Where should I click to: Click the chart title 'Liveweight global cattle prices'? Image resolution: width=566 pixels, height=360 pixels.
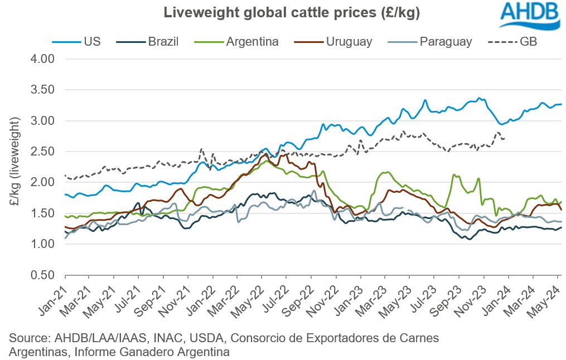[x=283, y=12]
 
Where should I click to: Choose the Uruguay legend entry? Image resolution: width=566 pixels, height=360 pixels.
[x=334, y=41]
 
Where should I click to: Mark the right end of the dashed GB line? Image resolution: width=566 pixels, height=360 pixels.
[x=505, y=139]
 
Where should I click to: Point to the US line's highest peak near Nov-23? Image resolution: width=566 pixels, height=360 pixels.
[x=478, y=98]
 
